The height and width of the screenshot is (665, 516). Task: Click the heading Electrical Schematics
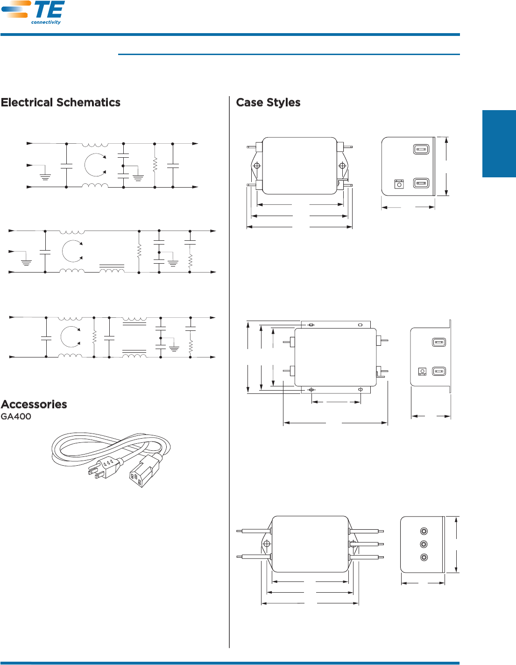(61, 103)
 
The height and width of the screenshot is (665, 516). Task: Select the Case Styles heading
(268, 103)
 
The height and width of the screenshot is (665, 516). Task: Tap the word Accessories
(34, 404)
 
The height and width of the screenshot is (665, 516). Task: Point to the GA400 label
(16, 416)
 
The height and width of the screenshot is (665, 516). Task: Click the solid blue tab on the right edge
(499, 144)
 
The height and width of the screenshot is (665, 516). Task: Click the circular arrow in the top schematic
(96, 165)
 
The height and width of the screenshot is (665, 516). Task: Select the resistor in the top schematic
(155, 165)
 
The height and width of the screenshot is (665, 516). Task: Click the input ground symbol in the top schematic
(45, 176)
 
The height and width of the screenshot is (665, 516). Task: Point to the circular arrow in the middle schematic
(72, 251)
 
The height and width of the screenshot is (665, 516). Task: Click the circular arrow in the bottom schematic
(71, 336)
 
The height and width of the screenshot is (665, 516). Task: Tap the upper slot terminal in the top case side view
(421, 149)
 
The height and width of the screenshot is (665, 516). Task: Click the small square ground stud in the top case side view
(399, 184)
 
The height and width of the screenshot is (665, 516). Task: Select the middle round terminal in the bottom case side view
(424, 544)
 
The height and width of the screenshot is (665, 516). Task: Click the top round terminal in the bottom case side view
(424, 531)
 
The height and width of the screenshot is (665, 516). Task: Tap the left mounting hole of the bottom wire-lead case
(267, 544)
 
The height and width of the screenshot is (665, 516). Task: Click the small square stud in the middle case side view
(422, 371)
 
